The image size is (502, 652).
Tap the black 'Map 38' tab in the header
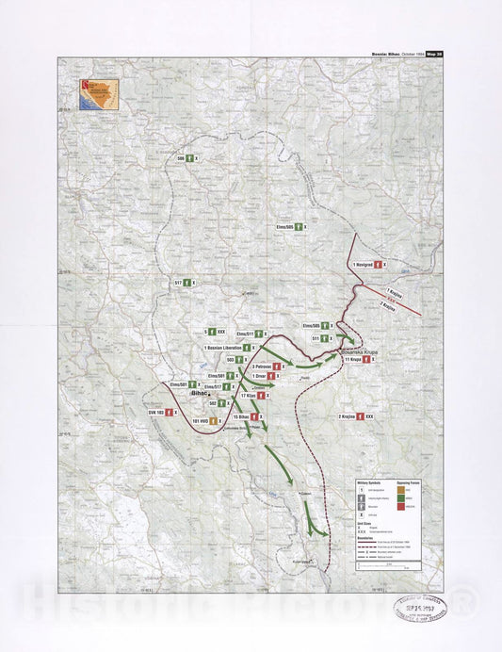point(432,55)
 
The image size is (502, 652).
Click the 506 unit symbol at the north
point(188,159)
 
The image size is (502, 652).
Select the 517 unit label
point(178,283)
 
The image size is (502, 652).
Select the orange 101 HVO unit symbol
point(215,420)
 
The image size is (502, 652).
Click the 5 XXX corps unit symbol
point(212,332)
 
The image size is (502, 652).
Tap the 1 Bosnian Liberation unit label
point(222,348)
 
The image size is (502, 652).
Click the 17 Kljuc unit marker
point(248,397)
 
